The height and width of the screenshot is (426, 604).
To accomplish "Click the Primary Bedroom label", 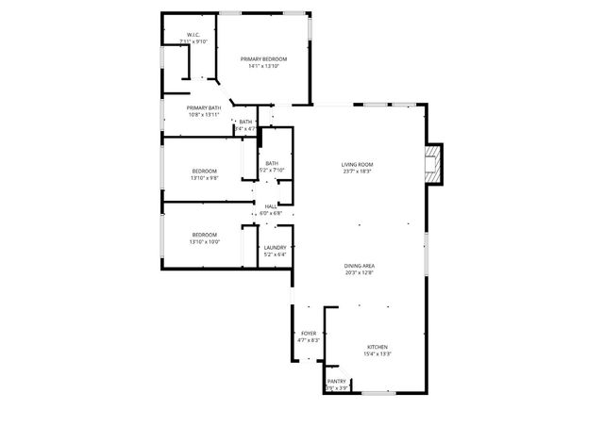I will pyautogui.click(x=263, y=59).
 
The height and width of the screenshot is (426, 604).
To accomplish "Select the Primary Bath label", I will pyautogui.click(x=204, y=108).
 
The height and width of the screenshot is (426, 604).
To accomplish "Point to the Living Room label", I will pyautogui.click(x=357, y=165).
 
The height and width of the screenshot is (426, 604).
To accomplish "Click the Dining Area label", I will pyautogui.click(x=359, y=267).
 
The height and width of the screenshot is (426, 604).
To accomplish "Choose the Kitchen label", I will pyautogui.click(x=377, y=347).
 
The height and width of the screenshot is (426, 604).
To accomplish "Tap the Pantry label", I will pyautogui.click(x=337, y=382).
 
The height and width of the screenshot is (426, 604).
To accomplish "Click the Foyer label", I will pyautogui.click(x=309, y=334).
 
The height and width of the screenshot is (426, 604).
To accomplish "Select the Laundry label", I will pyautogui.click(x=275, y=248).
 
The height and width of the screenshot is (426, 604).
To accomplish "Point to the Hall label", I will pyautogui.click(x=271, y=206).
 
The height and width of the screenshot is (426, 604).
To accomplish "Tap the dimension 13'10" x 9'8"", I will pyautogui.click(x=205, y=177).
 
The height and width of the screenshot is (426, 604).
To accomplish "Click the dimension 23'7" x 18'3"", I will pyautogui.click(x=357, y=172).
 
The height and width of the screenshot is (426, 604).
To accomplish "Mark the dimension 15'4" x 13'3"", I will pyautogui.click(x=377, y=353).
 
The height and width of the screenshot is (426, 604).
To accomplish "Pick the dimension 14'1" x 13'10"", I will pyautogui.click(x=263, y=66).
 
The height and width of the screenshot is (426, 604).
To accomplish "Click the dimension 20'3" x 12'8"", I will pyautogui.click(x=359, y=273).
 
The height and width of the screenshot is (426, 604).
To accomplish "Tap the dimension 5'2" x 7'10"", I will pyautogui.click(x=271, y=171).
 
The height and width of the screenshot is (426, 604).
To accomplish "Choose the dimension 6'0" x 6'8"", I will pyautogui.click(x=271, y=213).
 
